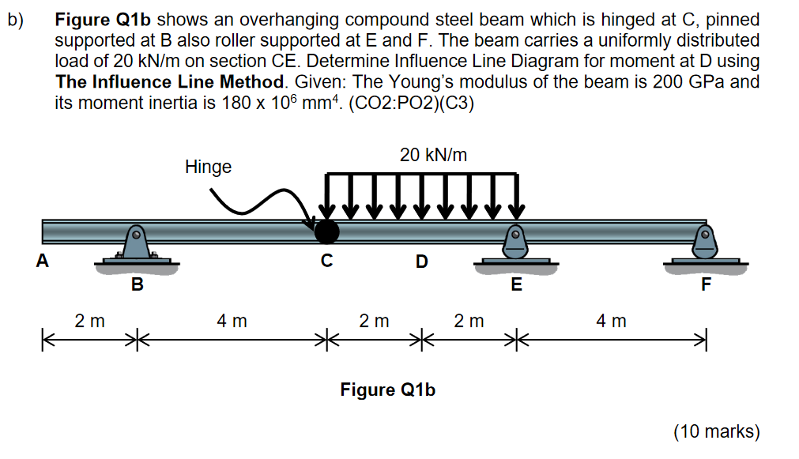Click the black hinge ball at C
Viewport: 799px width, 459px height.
[x=326, y=231]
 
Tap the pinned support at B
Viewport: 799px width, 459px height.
[x=137, y=246]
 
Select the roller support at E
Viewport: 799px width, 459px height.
[x=515, y=246]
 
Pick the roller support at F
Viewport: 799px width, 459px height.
[x=705, y=246]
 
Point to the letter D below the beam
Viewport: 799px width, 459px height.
[x=421, y=261]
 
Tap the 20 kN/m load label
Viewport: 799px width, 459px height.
[x=433, y=156]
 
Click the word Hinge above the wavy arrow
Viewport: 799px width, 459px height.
[x=208, y=167]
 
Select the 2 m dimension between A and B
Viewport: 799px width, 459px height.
[x=89, y=322]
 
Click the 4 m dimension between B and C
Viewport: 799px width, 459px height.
[x=232, y=322]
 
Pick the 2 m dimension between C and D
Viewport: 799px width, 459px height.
[x=374, y=322]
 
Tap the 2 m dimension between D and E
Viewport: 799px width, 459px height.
[x=469, y=322]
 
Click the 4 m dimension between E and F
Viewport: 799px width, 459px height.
[x=611, y=322]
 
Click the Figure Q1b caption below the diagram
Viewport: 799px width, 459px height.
[x=387, y=389]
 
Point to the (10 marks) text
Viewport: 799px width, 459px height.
[x=716, y=431]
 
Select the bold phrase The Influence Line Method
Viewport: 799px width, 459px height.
[x=169, y=81]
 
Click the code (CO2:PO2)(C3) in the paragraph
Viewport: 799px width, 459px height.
[x=406, y=103]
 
